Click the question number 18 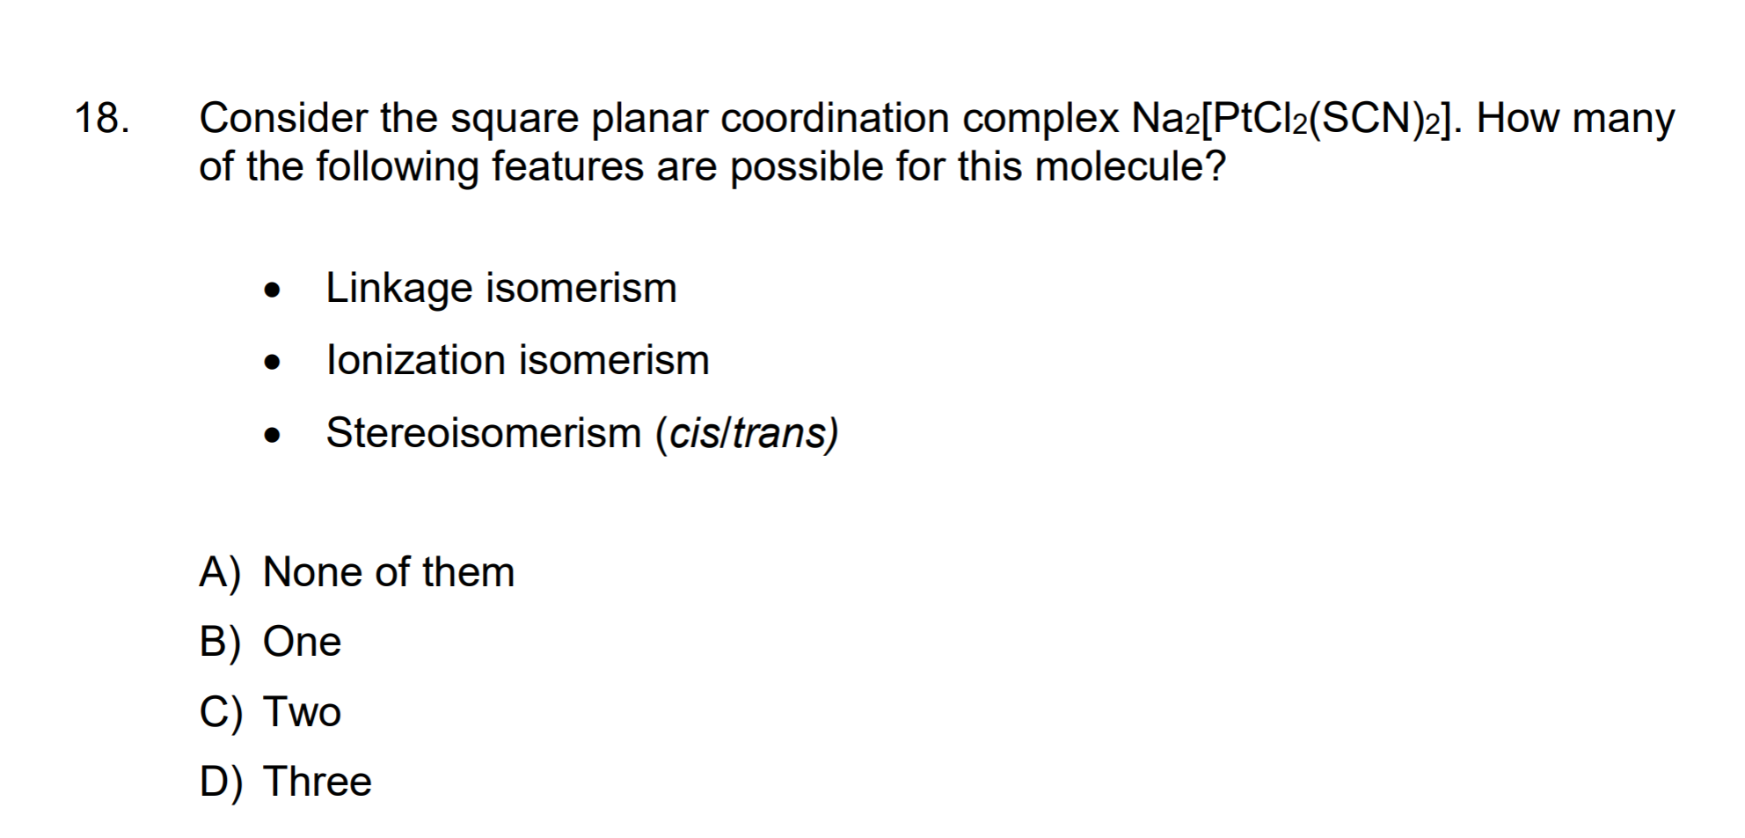(x=102, y=118)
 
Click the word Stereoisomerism (x=484, y=432)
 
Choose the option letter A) (x=220, y=573)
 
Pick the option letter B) (x=220, y=643)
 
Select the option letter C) (x=221, y=712)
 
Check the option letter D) (x=221, y=782)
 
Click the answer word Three (x=318, y=781)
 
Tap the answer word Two (x=303, y=711)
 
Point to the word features (x=567, y=166)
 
